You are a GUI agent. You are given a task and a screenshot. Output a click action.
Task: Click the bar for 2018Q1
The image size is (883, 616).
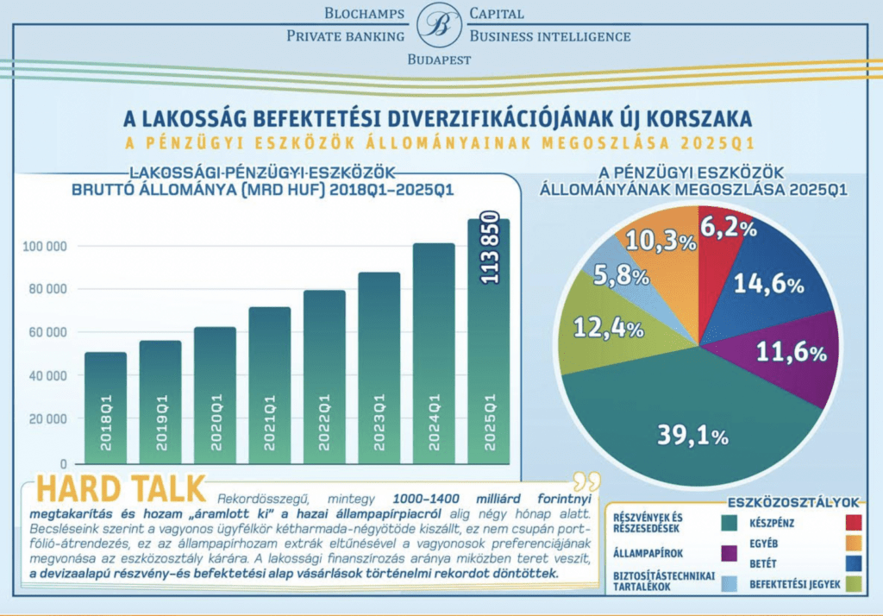pyautogui.click(x=106, y=408)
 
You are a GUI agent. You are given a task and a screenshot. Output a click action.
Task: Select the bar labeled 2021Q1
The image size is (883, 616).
pyautogui.click(x=270, y=386)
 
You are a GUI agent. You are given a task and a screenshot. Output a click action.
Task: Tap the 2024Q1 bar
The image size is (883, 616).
pyautogui.click(x=434, y=354)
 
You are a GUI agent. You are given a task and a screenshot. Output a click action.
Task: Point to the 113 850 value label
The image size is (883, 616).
pyautogui.click(x=490, y=248)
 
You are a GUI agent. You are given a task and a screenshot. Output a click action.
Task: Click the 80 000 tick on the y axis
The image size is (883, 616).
pyautogui.click(x=45, y=289)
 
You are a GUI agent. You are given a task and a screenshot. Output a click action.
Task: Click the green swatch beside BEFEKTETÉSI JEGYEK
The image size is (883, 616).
pyautogui.click(x=854, y=584)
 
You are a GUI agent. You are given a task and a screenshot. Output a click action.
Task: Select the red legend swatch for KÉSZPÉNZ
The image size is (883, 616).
pyautogui.click(x=854, y=523)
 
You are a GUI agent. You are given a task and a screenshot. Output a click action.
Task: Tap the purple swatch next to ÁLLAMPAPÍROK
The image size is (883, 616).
pyautogui.click(x=730, y=553)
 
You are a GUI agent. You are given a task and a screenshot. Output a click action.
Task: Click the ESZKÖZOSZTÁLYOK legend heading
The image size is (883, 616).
pyautogui.click(x=793, y=502)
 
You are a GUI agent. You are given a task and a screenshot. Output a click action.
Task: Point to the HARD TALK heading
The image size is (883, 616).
pyautogui.click(x=121, y=488)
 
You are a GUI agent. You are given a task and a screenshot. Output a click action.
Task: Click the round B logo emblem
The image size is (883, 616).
pyautogui.click(x=439, y=25)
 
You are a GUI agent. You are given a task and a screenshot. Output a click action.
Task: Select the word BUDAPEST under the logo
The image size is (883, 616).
pyautogui.click(x=439, y=60)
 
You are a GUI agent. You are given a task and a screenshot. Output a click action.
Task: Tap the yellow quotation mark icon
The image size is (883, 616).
pyautogui.click(x=586, y=481)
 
